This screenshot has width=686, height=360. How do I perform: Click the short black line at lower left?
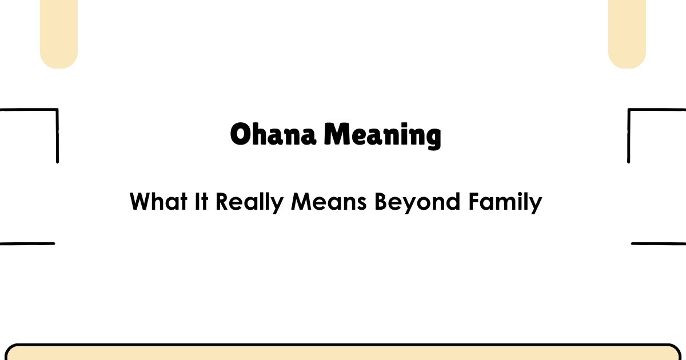coord(27,243)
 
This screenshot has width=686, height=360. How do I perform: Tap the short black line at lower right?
coord(659,243)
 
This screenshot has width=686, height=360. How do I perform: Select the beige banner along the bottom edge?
coord(343,353)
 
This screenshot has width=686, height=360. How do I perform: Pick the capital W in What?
coord(141,202)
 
